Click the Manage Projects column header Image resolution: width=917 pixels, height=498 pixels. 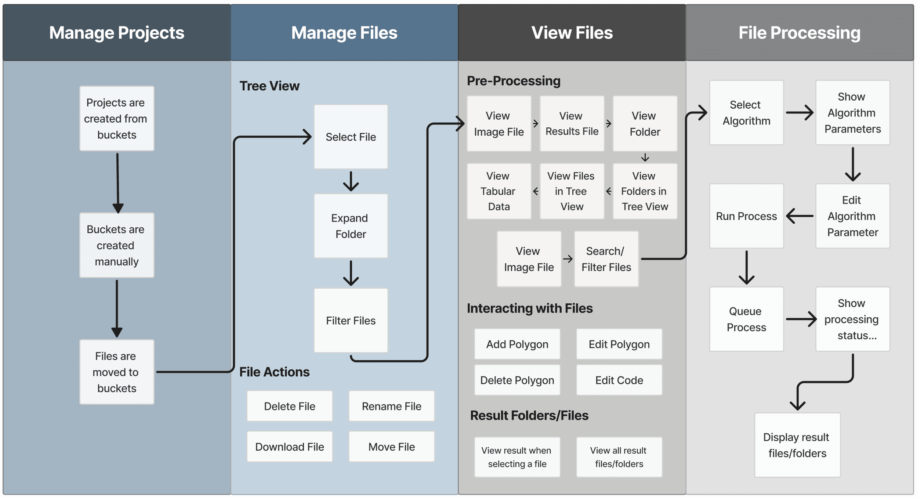(117, 33)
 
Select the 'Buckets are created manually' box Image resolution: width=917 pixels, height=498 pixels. (117, 245)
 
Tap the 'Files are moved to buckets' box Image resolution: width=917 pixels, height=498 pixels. (117, 372)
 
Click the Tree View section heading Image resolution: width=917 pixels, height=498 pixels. (269, 86)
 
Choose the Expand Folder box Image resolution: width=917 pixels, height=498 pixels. (351, 226)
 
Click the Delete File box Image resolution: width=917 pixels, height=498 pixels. (290, 406)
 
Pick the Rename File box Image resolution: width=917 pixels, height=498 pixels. (391, 406)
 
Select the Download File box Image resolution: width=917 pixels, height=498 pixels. (290, 447)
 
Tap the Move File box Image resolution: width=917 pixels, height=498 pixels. (391, 447)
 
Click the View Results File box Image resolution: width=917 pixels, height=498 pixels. (572, 124)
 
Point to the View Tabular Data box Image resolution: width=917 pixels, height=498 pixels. (499, 191)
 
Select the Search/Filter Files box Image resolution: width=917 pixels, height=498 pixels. (606, 259)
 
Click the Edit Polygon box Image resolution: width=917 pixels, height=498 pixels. (619, 344)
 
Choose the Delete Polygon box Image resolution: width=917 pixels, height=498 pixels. (517, 380)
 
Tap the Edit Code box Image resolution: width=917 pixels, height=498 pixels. (619, 380)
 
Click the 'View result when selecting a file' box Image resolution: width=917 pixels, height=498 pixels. (517, 457)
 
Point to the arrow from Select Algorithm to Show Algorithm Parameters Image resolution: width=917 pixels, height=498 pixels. (800, 112)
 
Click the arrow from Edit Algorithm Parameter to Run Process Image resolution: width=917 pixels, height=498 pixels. (800, 216)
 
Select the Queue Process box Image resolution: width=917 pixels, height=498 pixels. (746, 319)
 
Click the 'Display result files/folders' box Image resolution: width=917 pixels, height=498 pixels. (797, 445)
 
